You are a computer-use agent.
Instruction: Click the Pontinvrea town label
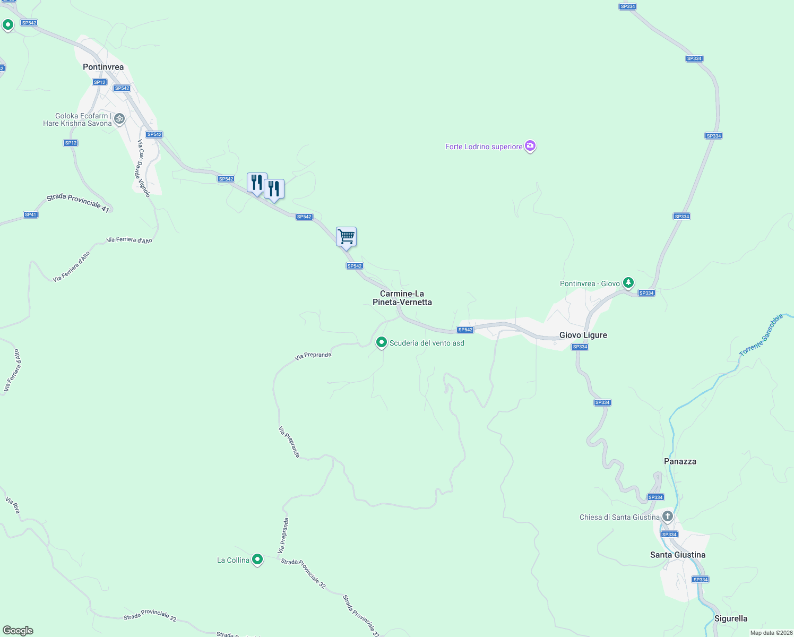(103, 67)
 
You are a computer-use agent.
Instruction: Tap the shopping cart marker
(346, 237)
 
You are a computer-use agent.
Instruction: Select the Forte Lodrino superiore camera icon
(530, 146)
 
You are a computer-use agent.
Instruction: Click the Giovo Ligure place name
(583, 335)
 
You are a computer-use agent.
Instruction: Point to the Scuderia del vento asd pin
(381, 342)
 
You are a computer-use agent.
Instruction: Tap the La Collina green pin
(257, 559)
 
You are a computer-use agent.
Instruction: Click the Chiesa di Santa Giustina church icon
(667, 516)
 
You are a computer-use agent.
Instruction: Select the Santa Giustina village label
(678, 555)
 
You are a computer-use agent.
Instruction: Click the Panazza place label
(680, 461)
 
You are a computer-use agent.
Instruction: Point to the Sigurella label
(731, 618)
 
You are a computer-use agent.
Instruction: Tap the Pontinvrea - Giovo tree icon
(628, 282)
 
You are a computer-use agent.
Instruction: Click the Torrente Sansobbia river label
(761, 335)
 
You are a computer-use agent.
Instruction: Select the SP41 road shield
(31, 214)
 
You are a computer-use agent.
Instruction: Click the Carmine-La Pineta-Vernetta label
(402, 298)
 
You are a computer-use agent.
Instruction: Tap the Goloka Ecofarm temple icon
(119, 118)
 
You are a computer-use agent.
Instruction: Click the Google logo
(18, 631)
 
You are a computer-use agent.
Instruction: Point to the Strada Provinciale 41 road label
(77, 203)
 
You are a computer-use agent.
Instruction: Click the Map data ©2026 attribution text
(771, 633)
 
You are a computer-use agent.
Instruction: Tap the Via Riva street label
(13, 505)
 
